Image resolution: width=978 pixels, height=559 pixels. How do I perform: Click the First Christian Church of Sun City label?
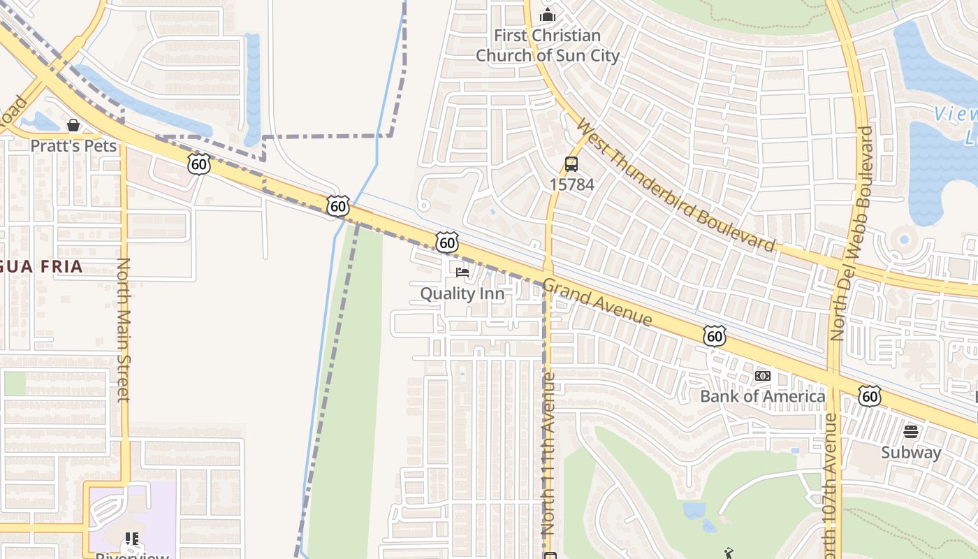(x=547, y=45)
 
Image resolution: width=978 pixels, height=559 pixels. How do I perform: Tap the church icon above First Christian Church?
(x=548, y=14)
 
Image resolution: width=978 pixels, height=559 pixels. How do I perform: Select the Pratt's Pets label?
(x=73, y=146)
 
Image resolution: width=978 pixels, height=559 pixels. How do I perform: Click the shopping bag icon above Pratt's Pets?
(x=73, y=125)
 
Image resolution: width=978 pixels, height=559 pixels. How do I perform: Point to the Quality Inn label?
(x=462, y=293)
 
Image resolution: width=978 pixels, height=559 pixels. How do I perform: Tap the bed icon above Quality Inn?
(x=462, y=272)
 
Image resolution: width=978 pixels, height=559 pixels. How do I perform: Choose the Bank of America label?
(x=762, y=397)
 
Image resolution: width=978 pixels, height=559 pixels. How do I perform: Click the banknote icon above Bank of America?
(x=762, y=376)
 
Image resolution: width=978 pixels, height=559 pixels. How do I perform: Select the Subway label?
(x=910, y=452)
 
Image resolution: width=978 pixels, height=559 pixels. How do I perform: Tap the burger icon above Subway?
(x=910, y=431)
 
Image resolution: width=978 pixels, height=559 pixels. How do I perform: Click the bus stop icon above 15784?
(x=571, y=164)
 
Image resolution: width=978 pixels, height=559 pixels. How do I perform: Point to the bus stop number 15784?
(x=571, y=184)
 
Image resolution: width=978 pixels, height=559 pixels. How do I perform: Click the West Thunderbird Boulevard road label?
(x=676, y=185)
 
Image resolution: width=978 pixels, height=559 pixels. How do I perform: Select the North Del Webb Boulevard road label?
(x=848, y=233)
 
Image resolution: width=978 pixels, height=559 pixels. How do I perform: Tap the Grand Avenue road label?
(x=597, y=303)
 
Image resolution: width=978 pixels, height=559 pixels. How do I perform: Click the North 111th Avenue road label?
(x=548, y=454)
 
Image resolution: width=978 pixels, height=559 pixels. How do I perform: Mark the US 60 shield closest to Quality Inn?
(x=447, y=242)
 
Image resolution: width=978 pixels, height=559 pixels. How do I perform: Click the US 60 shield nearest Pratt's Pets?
(x=199, y=164)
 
